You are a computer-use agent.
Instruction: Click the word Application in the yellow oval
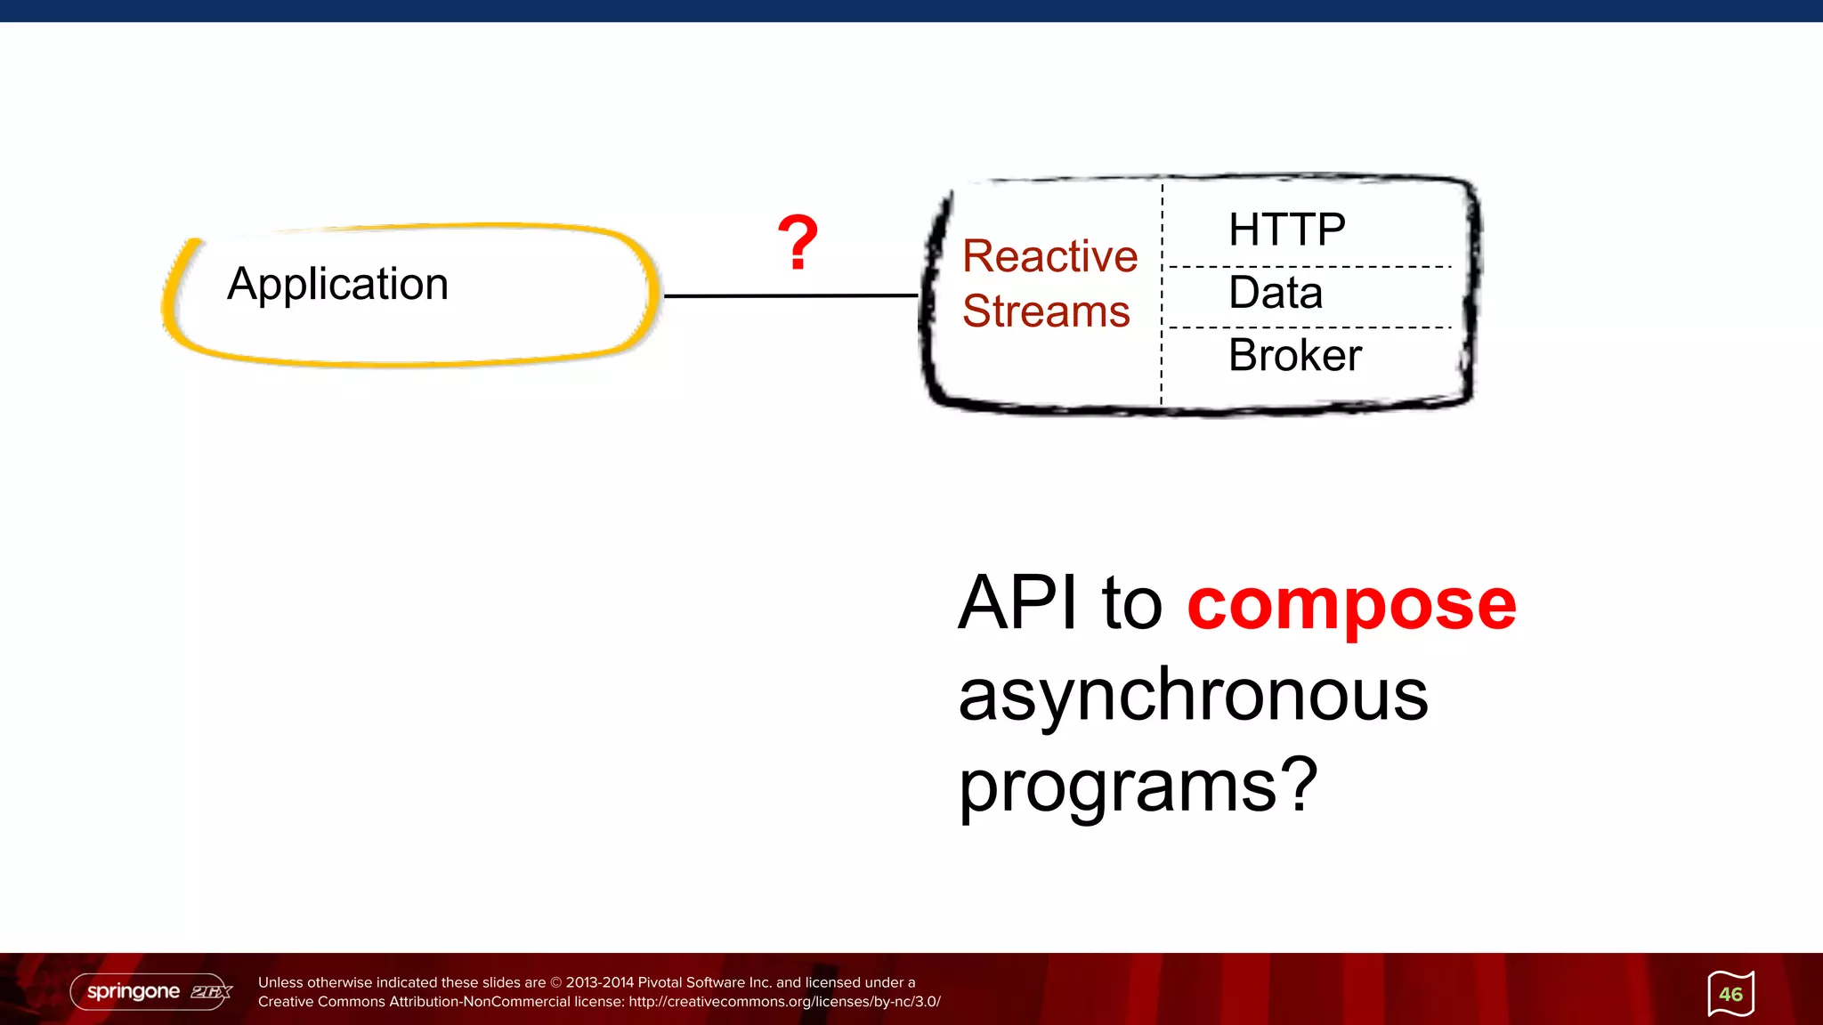(337, 285)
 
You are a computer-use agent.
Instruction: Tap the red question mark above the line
(798, 242)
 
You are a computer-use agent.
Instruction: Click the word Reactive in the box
(1049, 256)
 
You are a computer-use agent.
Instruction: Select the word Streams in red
(1046, 311)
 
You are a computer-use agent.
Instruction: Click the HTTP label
(1286, 230)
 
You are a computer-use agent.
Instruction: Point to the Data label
(1276, 293)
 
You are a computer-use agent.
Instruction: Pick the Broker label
(1295, 355)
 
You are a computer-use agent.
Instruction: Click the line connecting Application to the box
(790, 295)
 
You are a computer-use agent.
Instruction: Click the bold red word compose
(1351, 604)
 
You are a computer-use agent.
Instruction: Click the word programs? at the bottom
(1137, 786)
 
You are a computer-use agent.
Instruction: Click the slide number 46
(1730, 994)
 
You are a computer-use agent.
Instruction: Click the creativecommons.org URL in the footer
(784, 1002)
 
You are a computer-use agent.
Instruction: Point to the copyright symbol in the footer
(556, 982)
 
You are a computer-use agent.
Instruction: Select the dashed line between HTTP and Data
(1309, 266)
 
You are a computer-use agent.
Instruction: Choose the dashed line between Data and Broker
(1309, 327)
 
